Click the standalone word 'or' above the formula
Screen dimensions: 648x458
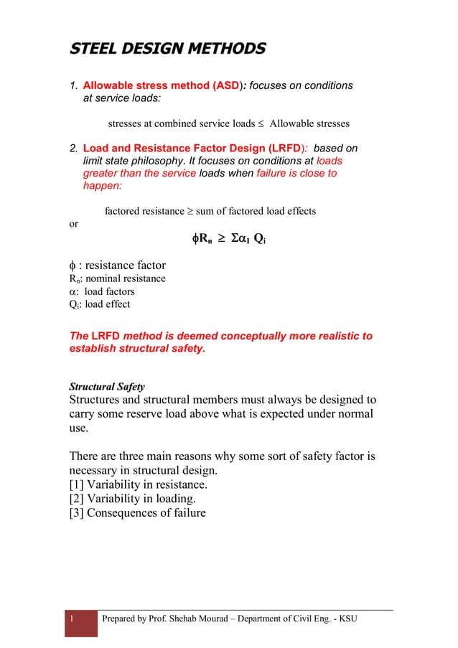73,224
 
